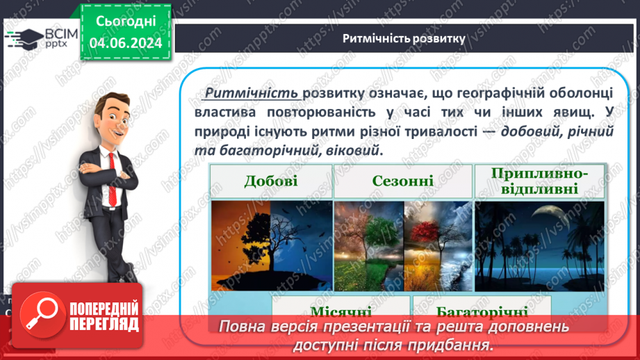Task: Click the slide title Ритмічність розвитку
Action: point(404,38)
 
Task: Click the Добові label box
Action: point(270,181)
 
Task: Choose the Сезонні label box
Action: point(402,181)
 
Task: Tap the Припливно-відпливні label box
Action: point(539,181)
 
